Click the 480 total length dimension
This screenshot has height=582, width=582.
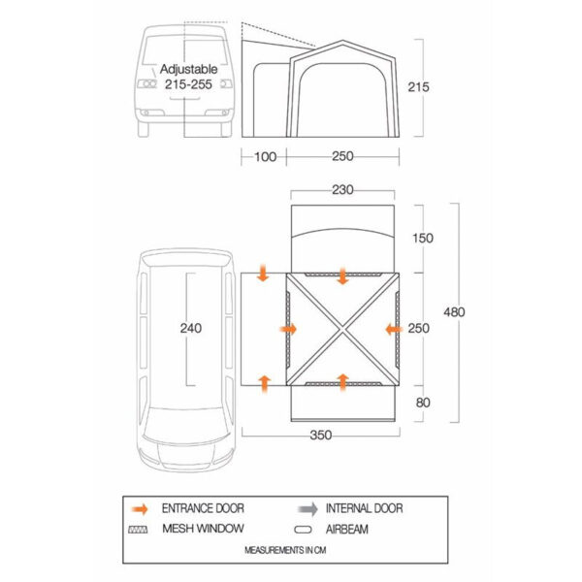coord(454,312)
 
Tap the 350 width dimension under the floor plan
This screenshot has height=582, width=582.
coord(321,435)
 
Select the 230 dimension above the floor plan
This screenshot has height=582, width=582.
coord(342,190)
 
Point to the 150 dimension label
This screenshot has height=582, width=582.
coord(423,238)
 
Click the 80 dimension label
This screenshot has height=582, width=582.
coord(423,403)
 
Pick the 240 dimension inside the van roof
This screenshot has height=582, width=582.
coord(191,328)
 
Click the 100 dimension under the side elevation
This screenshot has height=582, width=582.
coord(265,156)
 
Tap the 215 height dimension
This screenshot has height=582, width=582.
coord(418,87)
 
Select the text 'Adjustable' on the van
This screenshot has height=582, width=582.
coord(188,70)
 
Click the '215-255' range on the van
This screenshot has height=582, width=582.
coord(188,84)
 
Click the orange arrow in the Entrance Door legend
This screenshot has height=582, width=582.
coord(140,509)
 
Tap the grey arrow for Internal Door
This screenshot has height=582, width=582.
coord(307,509)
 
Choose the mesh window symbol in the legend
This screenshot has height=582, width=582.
coord(138,530)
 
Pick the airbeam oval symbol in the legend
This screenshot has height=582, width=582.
coord(303,530)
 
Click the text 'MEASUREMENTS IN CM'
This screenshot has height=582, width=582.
coord(285,550)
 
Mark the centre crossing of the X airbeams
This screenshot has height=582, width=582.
coord(342,329)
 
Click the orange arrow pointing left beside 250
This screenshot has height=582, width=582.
coord(394,329)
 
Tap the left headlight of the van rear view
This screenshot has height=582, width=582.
coord(147,83)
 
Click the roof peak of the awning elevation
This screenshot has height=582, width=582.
coord(342,41)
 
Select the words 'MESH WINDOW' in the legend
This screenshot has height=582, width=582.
coord(203,529)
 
